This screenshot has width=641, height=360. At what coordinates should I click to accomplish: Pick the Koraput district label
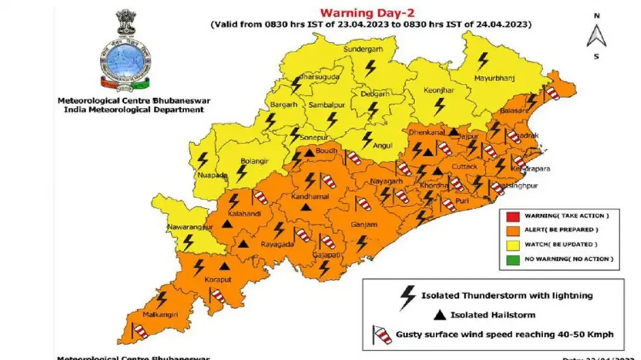pyautogui.click(x=218, y=280)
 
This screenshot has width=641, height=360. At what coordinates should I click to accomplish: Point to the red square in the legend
pyautogui.click(x=512, y=216)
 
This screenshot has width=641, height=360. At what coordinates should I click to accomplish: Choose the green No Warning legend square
pyautogui.click(x=512, y=259)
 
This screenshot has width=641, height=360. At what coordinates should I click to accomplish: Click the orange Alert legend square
pyautogui.click(x=512, y=230)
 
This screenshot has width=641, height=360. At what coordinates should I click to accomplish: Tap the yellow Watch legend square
pyautogui.click(x=512, y=245)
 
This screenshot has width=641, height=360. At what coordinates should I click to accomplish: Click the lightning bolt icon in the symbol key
pyautogui.click(x=408, y=297)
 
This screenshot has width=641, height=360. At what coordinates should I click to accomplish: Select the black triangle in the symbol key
pyautogui.click(x=439, y=315)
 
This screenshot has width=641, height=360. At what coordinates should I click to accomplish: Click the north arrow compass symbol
pyautogui.click(x=596, y=36)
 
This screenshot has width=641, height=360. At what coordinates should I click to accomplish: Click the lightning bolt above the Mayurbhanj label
pyautogui.click(x=482, y=61)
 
